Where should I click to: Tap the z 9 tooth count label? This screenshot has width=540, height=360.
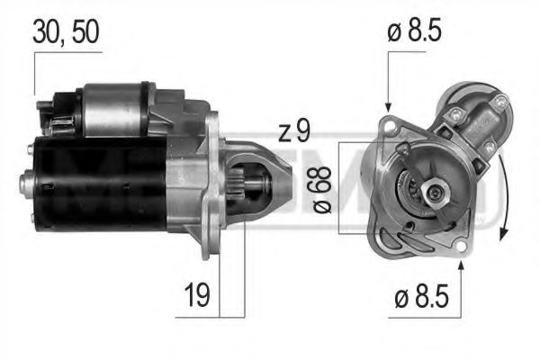(x=293, y=132)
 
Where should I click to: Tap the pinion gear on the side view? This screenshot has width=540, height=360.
(x=254, y=185)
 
